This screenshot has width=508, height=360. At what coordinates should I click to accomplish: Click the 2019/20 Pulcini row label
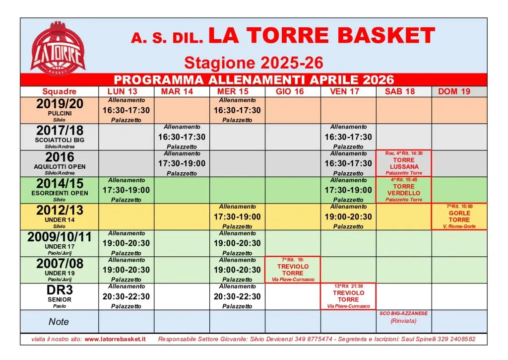click(x=60, y=110)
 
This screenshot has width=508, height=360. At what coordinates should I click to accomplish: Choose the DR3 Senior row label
click(x=60, y=296)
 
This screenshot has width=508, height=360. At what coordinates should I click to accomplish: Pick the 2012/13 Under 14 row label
click(x=60, y=216)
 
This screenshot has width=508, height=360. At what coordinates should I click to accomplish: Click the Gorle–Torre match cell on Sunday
click(x=459, y=216)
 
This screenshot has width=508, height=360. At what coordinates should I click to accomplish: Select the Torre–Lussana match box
click(x=404, y=163)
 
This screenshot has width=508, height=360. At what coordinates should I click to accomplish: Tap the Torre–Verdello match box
click(x=404, y=190)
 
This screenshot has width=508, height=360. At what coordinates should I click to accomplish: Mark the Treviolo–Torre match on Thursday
click(x=293, y=270)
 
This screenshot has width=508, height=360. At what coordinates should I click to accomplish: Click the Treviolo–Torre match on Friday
click(x=348, y=296)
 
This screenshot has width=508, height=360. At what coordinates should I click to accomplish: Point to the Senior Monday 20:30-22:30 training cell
click(x=126, y=296)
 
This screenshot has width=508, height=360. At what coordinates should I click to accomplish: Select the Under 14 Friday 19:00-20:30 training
click(x=348, y=216)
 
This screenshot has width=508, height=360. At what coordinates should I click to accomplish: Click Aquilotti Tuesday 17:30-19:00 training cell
click(x=182, y=163)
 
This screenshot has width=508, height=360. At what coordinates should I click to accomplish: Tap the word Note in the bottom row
click(x=59, y=322)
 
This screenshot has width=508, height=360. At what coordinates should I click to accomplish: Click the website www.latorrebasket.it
click(x=115, y=339)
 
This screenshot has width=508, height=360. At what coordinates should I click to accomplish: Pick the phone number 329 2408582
click(x=454, y=339)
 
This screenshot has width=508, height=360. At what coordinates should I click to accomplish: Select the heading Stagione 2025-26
click(x=254, y=63)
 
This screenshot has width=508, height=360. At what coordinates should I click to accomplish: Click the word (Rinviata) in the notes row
click(x=403, y=321)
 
